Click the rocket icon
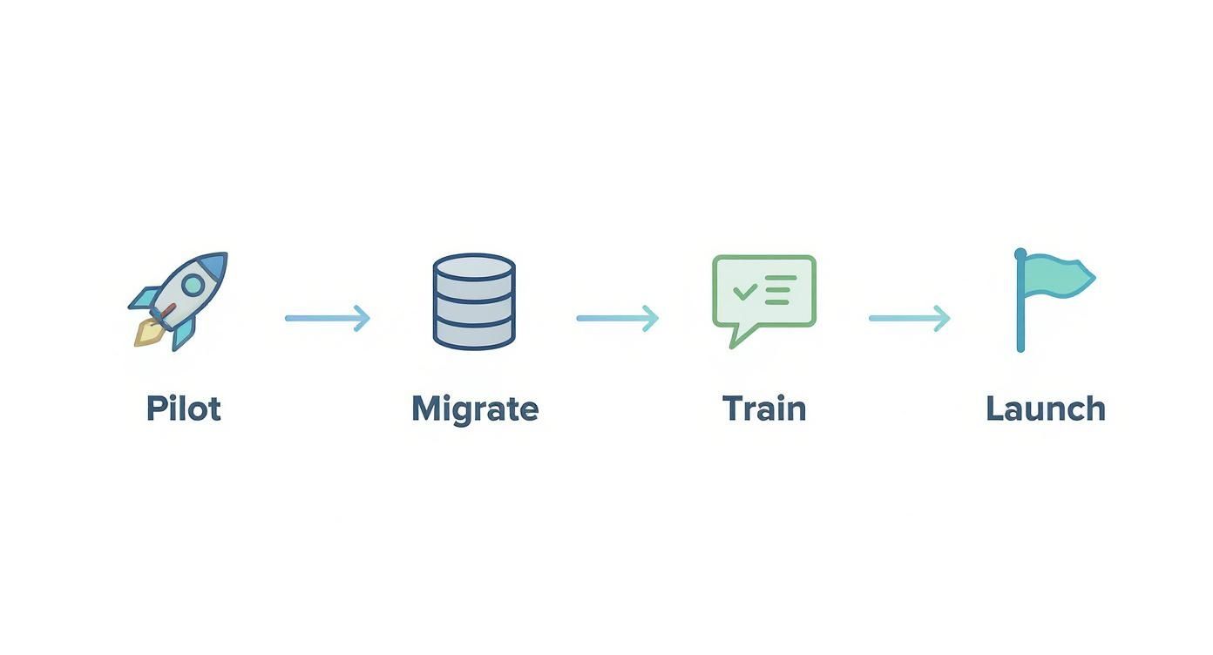(178, 301)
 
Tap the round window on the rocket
(193, 285)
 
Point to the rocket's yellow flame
(148, 333)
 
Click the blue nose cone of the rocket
(213, 266)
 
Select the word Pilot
(184, 409)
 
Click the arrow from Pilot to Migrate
(328, 318)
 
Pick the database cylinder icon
(474, 301)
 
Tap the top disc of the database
(474, 267)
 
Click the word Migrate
(475, 409)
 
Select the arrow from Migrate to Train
(618, 318)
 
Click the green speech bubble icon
(764, 301)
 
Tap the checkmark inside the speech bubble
(745, 291)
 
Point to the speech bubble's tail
(743, 336)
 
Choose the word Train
(764, 409)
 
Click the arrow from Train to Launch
(910, 318)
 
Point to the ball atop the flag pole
(1020, 253)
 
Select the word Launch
(1046, 409)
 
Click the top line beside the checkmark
(782, 278)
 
